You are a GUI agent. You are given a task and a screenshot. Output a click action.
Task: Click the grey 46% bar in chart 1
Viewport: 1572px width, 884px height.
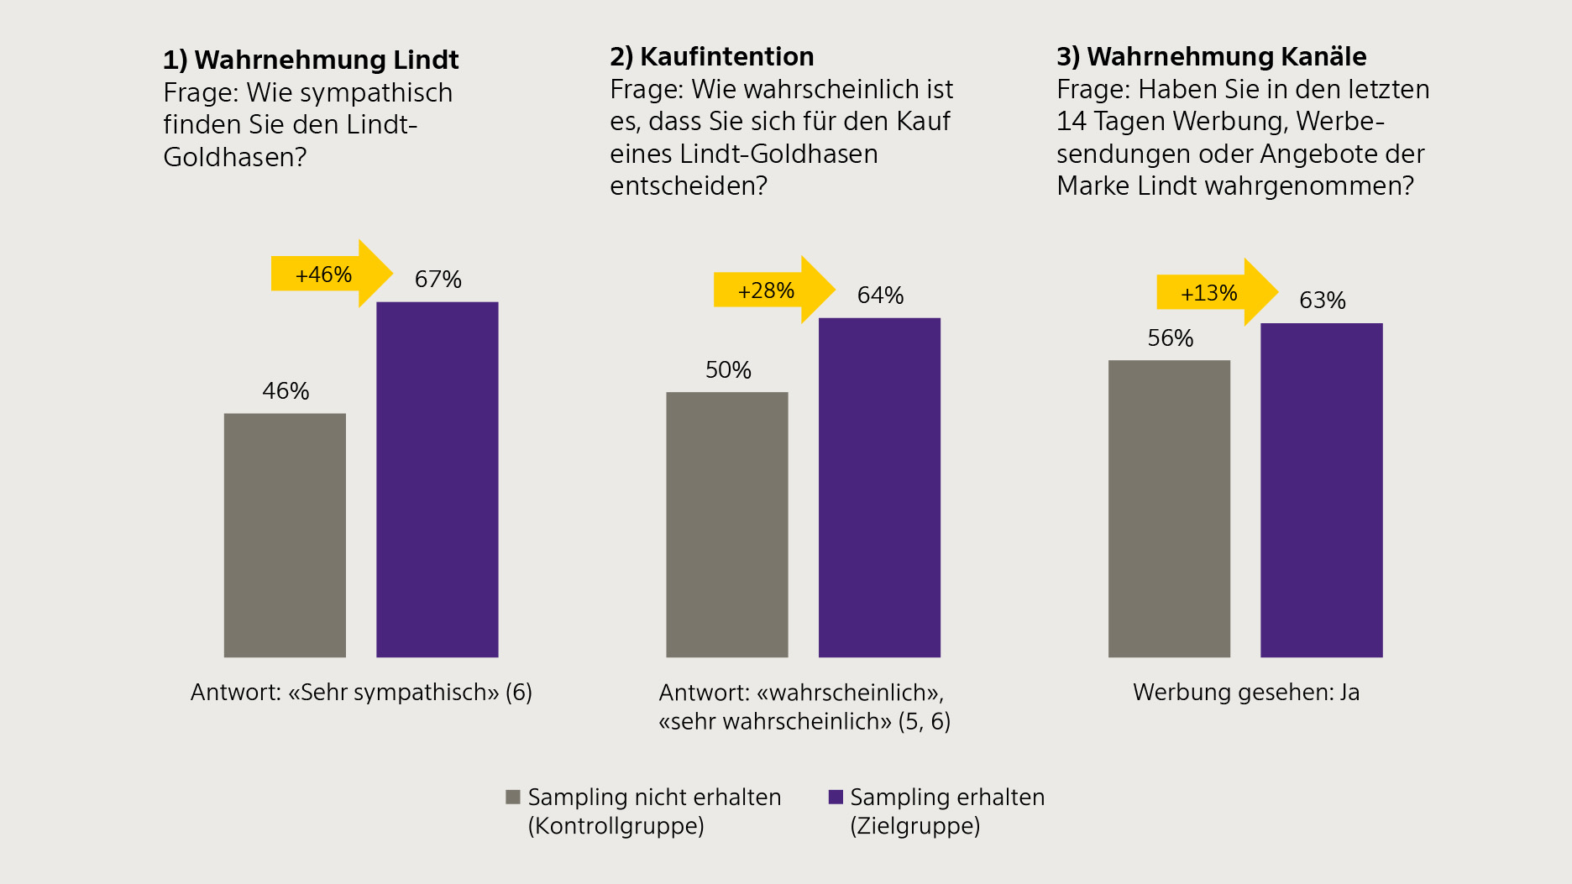285,535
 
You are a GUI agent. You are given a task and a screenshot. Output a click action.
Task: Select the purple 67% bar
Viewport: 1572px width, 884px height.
437,479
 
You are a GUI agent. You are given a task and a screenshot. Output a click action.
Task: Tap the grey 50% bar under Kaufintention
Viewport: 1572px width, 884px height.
726,524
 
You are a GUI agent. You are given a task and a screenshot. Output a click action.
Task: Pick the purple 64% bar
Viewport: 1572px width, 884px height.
879,487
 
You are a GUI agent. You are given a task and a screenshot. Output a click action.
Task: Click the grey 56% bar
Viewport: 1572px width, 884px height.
1169,508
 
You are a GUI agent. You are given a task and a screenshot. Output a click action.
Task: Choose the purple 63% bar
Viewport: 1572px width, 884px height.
1321,489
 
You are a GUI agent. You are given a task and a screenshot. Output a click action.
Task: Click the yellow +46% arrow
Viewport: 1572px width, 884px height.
330,274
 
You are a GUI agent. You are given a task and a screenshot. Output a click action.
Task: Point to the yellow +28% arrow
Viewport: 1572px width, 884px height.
773,290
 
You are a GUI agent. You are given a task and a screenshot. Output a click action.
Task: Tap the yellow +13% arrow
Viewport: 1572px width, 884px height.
1215,292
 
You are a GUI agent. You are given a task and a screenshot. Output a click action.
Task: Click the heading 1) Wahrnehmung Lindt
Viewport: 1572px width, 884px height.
311,60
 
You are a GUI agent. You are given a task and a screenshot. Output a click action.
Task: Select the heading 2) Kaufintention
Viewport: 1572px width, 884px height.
711,56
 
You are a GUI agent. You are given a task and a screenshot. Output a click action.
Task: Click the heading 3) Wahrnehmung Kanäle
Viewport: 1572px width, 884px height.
1211,56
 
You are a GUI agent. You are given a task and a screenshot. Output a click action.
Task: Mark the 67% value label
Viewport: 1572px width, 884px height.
438,280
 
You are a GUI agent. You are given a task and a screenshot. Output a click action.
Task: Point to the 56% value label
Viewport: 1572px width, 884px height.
1170,338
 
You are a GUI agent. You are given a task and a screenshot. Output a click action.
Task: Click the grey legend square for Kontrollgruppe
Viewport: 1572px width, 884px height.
512,797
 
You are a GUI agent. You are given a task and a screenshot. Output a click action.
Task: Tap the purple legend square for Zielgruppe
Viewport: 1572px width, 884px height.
836,797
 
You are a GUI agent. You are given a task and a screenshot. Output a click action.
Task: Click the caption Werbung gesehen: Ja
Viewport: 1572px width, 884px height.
1245,692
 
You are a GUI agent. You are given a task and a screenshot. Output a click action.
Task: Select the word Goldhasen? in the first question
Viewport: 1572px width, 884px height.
235,157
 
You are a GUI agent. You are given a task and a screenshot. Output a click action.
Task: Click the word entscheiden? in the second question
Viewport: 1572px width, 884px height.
689,186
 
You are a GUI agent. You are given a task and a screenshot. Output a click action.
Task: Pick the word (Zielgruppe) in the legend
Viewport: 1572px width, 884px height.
914,826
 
